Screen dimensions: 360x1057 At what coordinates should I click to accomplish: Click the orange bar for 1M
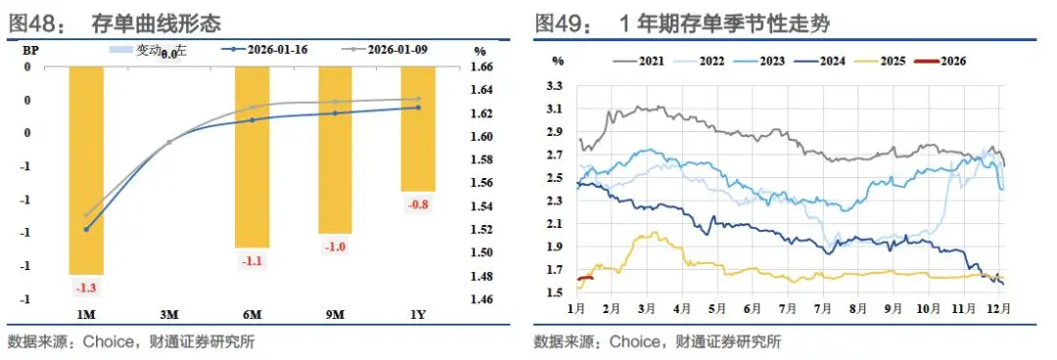[85, 170]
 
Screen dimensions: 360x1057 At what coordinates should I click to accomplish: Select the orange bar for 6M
[252, 157]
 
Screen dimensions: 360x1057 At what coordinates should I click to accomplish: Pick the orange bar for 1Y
[418, 128]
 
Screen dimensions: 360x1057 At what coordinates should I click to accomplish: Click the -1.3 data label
[85, 287]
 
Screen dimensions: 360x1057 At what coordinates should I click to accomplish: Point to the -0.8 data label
[418, 203]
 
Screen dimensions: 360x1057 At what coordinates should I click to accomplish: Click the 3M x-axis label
[168, 314]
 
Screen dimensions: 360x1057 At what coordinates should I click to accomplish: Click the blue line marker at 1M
[86, 229]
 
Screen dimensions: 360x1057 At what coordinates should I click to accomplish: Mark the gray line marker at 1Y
[418, 99]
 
